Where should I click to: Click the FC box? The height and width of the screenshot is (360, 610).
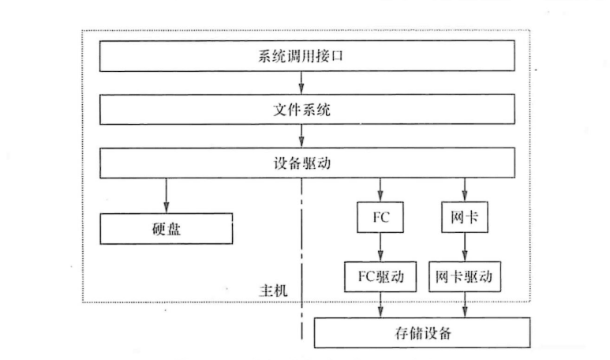coord(381,216)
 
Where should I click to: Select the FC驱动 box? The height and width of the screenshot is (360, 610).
coord(381,276)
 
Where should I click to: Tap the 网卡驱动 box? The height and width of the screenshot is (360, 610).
coord(465,276)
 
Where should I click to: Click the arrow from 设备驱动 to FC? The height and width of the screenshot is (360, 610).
coord(381,189)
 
